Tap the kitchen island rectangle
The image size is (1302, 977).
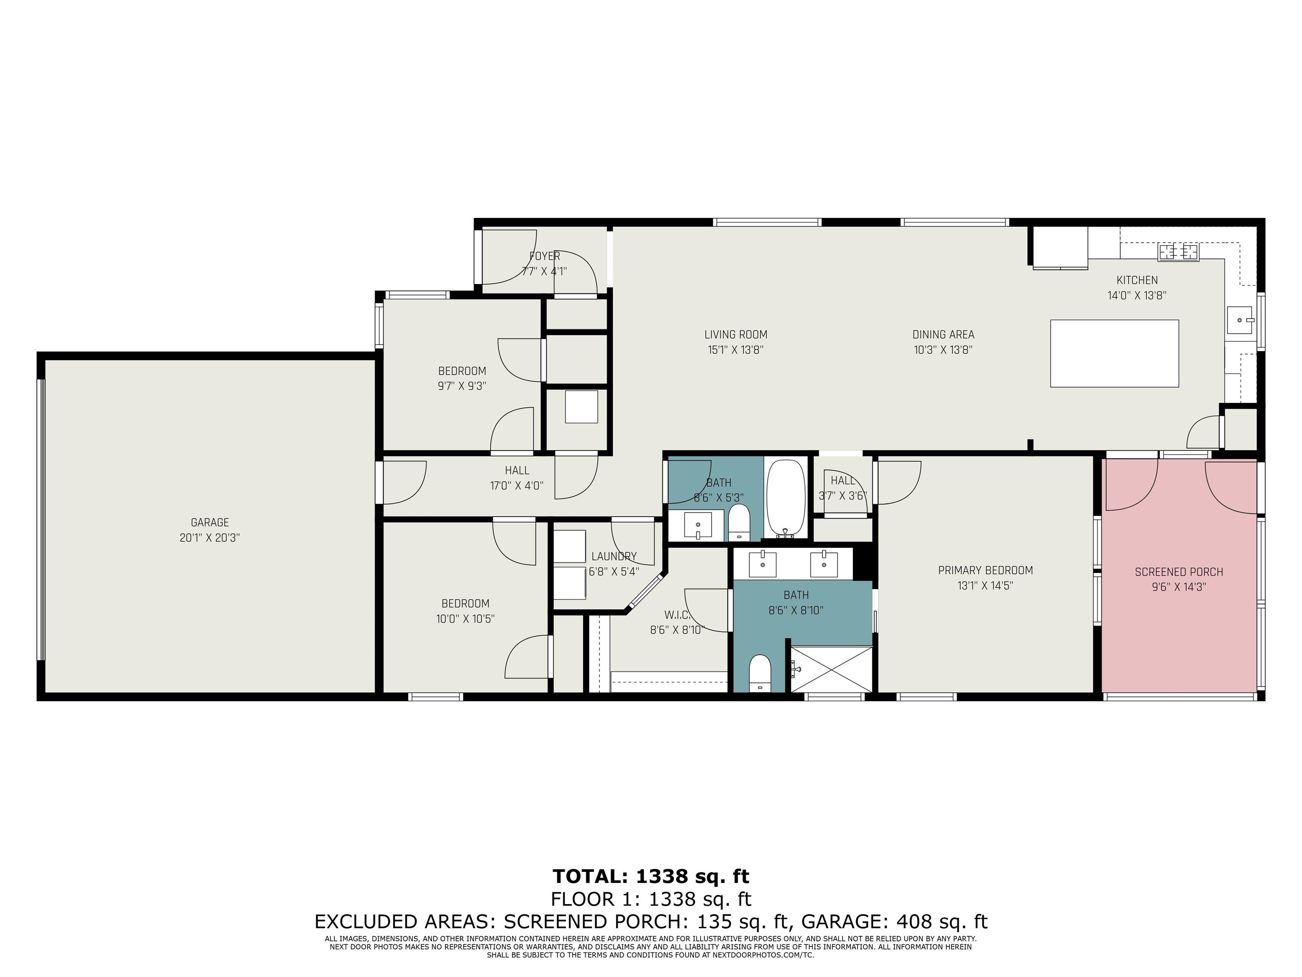tap(1114, 353)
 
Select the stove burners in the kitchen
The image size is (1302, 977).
tap(1178, 252)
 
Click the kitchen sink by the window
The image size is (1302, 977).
tap(1240, 321)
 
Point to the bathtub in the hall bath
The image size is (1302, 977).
tap(786, 498)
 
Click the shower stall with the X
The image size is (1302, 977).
tap(831, 669)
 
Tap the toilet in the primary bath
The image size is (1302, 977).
tap(760, 673)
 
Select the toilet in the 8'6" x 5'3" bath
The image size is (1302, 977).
tap(738, 522)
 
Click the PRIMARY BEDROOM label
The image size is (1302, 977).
tap(985, 570)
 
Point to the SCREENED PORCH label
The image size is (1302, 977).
tap(1179, 572)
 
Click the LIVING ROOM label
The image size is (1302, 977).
tap(736, 335)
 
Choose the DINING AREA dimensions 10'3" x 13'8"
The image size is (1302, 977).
tap(943, 350)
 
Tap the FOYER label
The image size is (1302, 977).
tap(545, 256)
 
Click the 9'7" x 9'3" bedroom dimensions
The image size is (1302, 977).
tap(462, 386)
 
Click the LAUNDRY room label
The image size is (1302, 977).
tap(614, 556)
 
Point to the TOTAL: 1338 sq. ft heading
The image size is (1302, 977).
tap(651, 877)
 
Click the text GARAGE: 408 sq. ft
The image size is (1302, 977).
tap(894, 921)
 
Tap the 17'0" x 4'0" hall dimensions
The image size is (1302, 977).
tap(517, 486)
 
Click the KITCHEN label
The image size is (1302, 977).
tap(1137, 280)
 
